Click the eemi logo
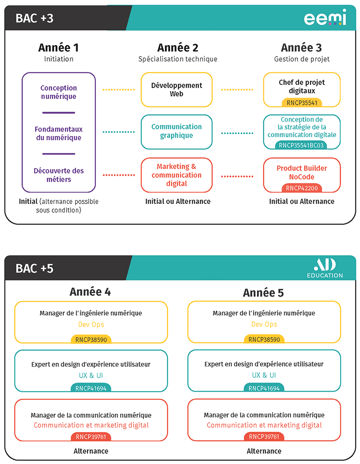tap(325, 17)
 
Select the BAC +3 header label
tap(35, 18)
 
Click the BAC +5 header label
tap(35, 268)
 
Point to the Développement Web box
tap(177, 89)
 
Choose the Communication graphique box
tap(177, 132)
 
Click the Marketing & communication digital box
tap(177, 175)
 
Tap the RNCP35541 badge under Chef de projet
tap(302, 103)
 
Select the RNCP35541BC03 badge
tap(301, 145)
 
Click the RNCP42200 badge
tap(301, 188)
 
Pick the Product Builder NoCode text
tap(301, 173)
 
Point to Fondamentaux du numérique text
tap(58, 134)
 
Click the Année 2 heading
tap(178, 48)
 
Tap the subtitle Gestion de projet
tap(301, 59)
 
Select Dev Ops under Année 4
tap(91, 325)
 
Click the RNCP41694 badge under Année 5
tap(264, 388)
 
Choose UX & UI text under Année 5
tap(264, 375)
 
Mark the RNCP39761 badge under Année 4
tap(91, 437)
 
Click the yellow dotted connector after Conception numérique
tap(118, 89)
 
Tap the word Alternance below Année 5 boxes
tap(264, 451)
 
